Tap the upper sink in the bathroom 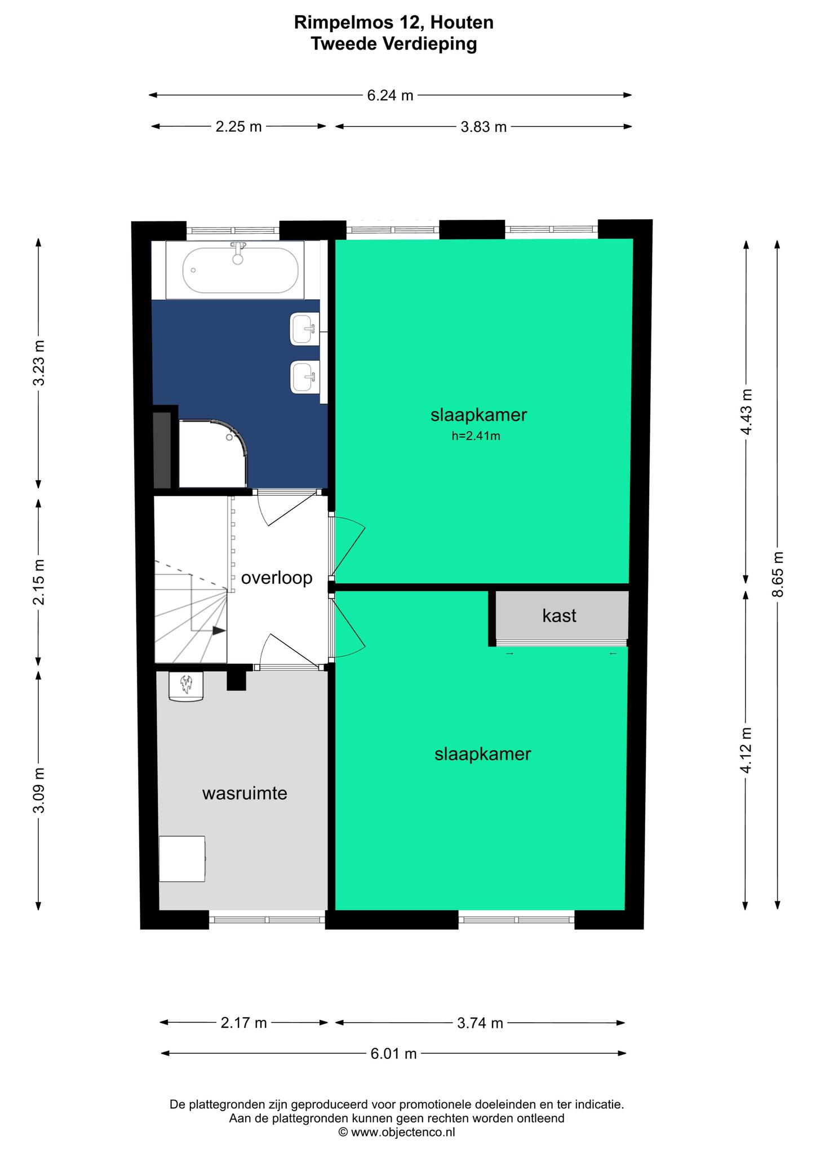[x=304, y=329]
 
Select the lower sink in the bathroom [x=304, y=377]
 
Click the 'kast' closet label [x=559, y=615]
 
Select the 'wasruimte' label [x=245, y=793]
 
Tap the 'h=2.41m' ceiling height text [x=476, y=436]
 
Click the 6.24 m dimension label [x=390, y=95]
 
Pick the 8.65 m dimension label [x=778, y=574]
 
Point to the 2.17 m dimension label [x=243, y=1023]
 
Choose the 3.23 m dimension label [x=38, y=363]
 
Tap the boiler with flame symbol [x=186, y=687]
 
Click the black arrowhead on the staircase [x=219, y=631]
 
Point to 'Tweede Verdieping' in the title [x=394, y=43]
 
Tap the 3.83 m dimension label [x=484, y=127]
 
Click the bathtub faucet [x=238, y=252]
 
